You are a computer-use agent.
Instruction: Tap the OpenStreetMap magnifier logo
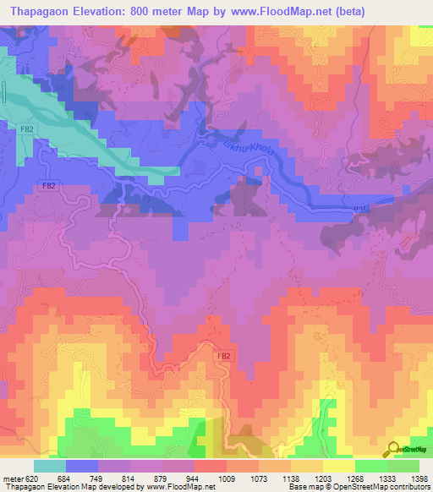pos(394,449)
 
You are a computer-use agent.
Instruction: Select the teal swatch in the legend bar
pos(50,466)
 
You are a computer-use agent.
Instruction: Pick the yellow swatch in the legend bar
pos(339,466)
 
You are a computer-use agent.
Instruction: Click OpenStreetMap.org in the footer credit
pos(402,488)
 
